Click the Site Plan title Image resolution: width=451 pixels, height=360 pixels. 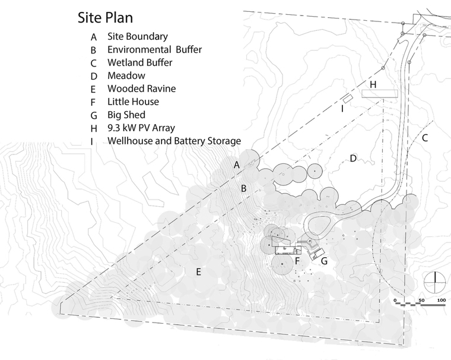tap(105, 18)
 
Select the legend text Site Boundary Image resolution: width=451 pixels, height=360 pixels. tap(138, 36)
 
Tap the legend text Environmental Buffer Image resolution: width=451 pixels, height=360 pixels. tap(154, 49)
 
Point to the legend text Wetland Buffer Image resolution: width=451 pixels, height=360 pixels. tap(140, 62)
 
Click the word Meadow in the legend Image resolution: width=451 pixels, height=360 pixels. tap(126, 75)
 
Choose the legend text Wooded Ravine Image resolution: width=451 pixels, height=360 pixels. tap(141, 89)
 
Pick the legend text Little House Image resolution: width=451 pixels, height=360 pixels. tap(133, 102)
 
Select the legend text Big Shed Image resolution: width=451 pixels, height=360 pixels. tap(126, 115)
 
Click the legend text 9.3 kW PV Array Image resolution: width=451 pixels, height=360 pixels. tap(141, 128)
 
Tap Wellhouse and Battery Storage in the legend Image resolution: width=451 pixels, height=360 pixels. tap(174, 141)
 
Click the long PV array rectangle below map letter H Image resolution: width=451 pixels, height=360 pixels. tap(380, 94)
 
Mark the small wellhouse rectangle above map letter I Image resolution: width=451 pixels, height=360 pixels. tap(348, 98)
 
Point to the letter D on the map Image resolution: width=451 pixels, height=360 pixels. tap(353, 159)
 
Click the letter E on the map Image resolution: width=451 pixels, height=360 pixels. tap(198, 272)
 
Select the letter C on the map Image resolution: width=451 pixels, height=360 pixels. tap(425, 138)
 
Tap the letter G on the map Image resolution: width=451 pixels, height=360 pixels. tap(324, 261)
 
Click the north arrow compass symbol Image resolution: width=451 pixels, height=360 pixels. tap(435, 282)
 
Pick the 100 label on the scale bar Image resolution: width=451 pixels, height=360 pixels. tap(442, 300)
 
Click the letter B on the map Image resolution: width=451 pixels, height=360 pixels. tap(244, 188)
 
